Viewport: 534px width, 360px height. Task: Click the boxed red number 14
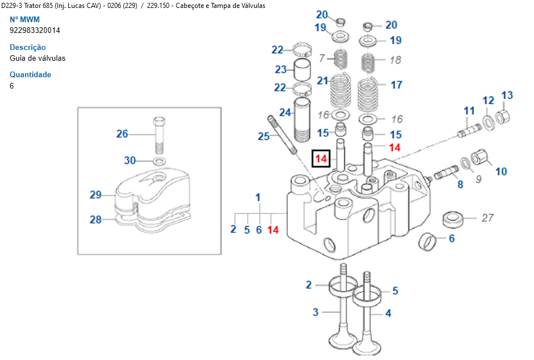[322, 158]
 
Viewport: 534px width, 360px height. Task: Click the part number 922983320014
[35, 30]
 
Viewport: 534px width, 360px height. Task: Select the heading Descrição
[28, 47]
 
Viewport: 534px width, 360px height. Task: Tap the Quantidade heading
[31, 74]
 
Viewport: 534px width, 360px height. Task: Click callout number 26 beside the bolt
[122, 134]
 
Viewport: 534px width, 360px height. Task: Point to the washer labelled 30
[160, 161]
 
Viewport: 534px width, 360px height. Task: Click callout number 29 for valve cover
[95, 195]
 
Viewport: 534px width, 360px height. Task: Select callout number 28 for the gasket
[95, 219]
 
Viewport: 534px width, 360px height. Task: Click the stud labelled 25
[282, 134]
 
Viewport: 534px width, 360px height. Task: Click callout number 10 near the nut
[501, 171]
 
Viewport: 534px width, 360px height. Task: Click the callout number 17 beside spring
[397, 85]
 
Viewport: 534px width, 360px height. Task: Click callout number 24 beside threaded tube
[285, 112]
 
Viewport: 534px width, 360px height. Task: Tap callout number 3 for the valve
[316, 312]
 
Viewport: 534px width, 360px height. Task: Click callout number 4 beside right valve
[388, 313]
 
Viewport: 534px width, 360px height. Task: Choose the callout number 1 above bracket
[258, 198]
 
